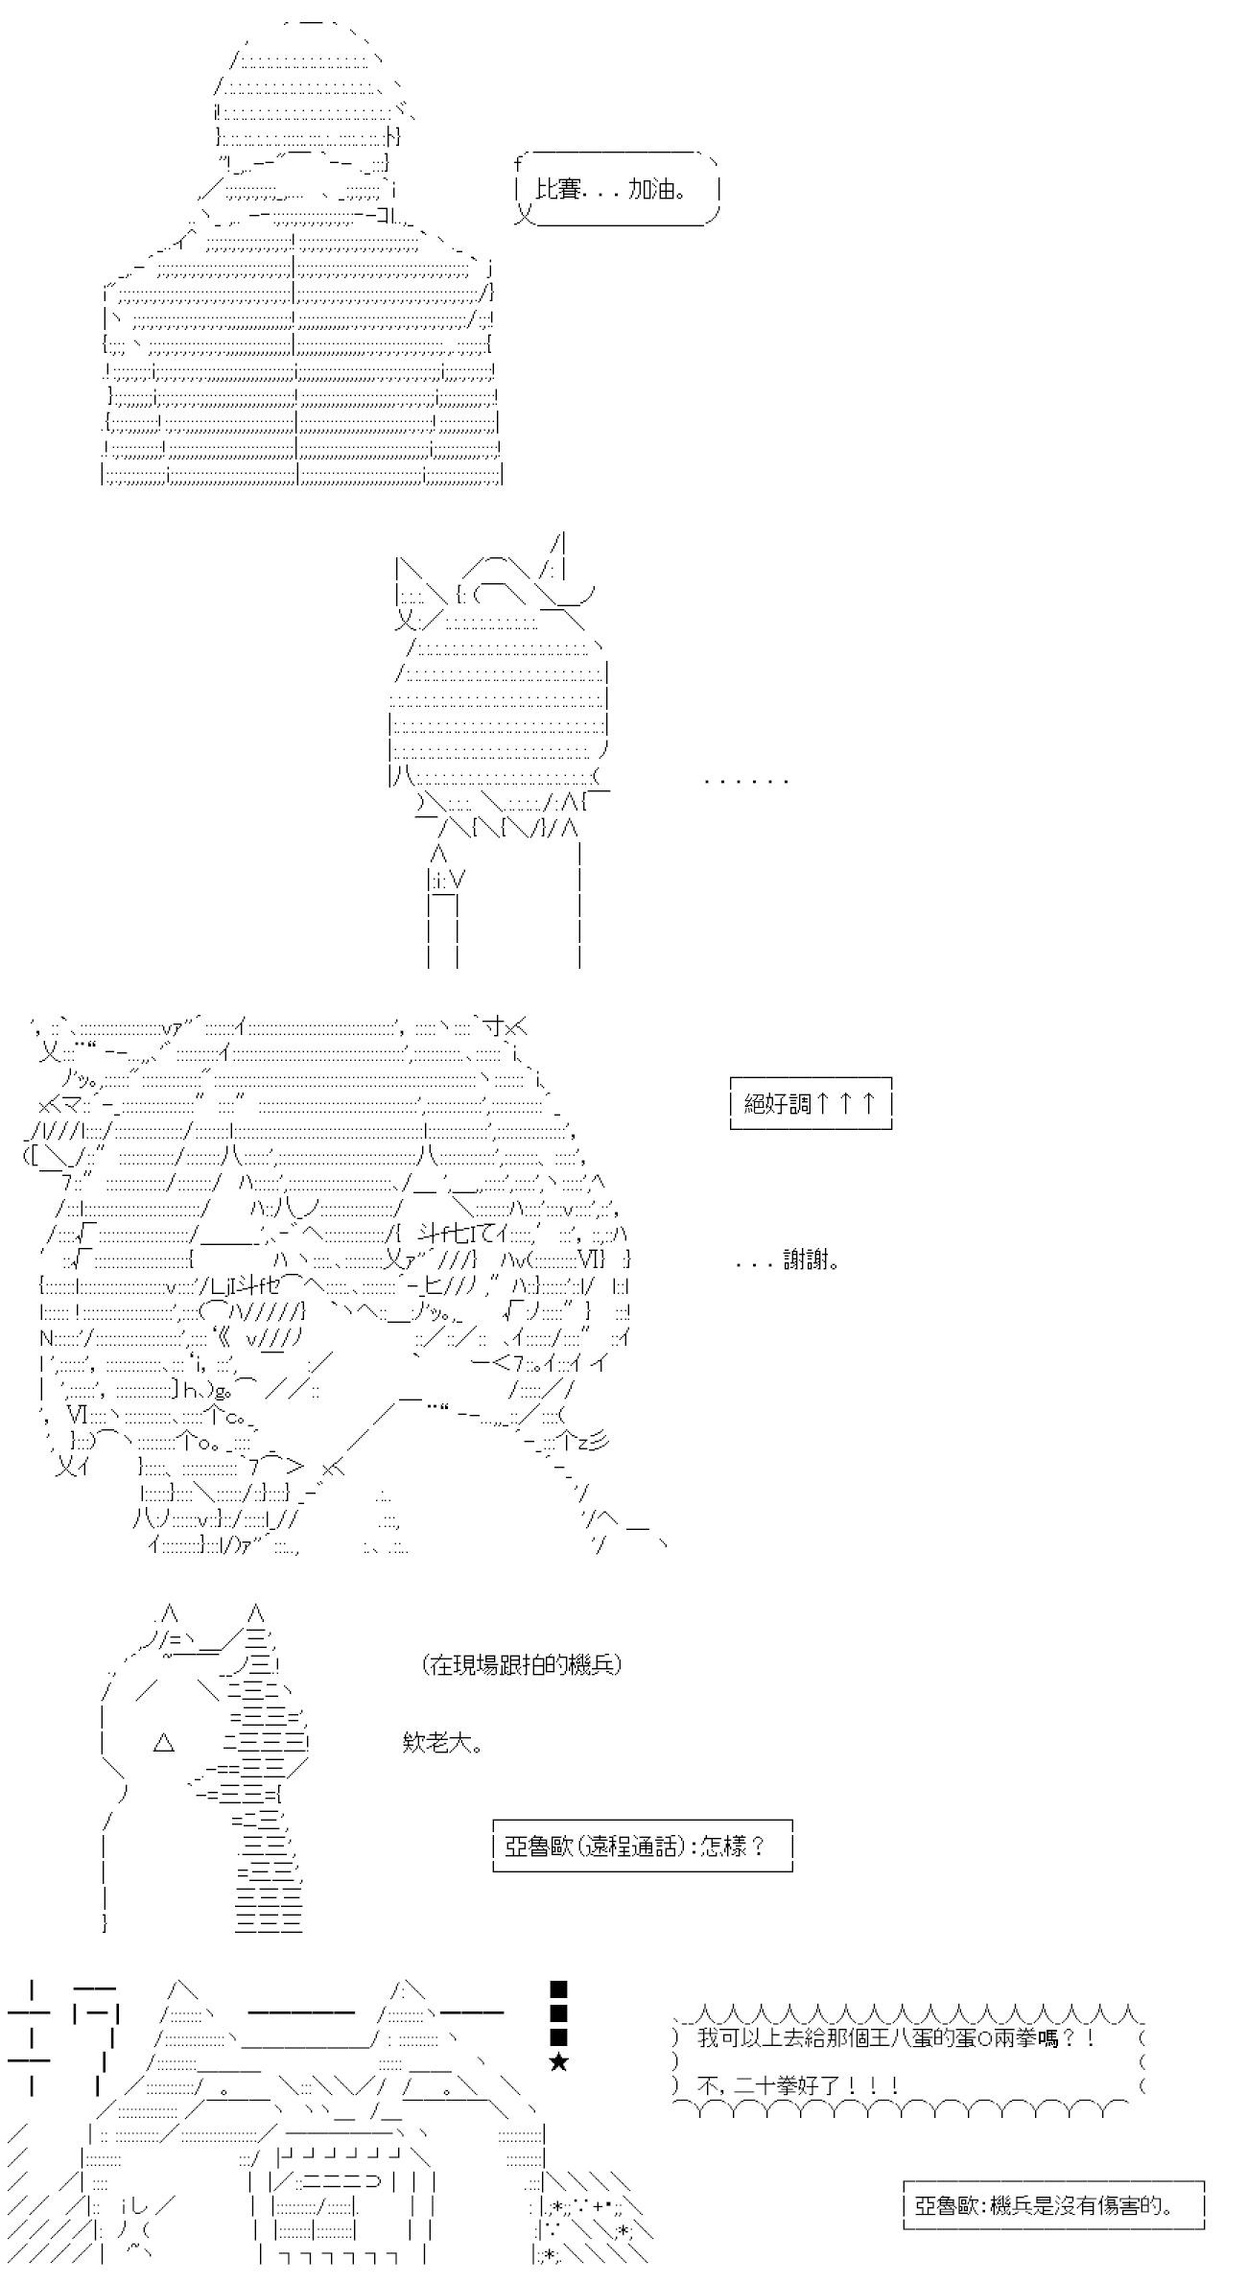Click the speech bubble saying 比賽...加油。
coord(618,188)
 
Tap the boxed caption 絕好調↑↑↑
coord(811,1103)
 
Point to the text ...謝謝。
coord(788,1261)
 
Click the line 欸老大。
coord(442,1743)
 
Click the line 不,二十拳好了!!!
coord(798,2083)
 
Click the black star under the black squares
coord(559,2062)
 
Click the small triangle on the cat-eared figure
coord(164,1743)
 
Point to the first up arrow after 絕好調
coord(824,1103)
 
